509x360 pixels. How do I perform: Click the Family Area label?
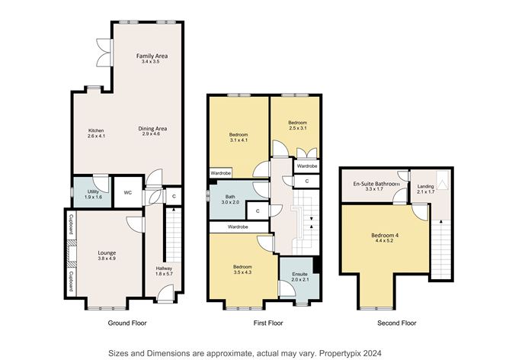pyautogui.click(x=152, y=56)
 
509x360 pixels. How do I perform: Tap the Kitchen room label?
pyautogui.click(x=95, y=130)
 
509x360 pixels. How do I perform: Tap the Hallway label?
pyautogui.click(x=164, y=268)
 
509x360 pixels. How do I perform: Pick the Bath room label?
pyautogui.click(x=230, y=197)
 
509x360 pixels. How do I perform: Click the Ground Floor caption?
pyautogui.click(x=126, y=323)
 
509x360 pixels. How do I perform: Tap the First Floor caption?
pyautogui.click(x=267, y=323)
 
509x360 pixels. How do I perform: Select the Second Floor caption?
pyautogui.click(x=398, y=323)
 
